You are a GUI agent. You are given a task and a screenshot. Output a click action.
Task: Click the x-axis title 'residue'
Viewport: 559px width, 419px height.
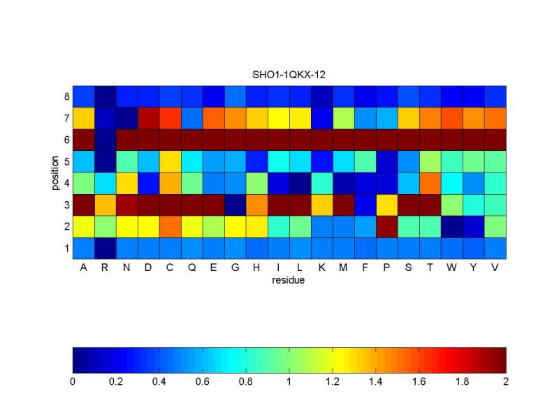(289, 281)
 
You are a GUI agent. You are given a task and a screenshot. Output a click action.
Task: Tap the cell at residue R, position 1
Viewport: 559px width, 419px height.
(105, 248)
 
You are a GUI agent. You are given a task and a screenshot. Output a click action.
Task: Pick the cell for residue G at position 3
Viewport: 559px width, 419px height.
(235, 205)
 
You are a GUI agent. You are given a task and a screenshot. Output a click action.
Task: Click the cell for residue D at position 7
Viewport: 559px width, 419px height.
(148, 118)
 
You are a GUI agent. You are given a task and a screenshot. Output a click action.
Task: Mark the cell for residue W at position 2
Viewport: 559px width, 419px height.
(452, 226)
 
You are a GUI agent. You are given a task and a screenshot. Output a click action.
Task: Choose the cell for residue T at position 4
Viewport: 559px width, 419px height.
(430, 183)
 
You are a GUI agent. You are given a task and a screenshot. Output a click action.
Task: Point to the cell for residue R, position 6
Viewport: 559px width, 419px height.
(105, 140)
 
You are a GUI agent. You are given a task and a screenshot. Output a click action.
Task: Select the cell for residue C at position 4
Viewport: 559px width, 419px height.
(170, 183)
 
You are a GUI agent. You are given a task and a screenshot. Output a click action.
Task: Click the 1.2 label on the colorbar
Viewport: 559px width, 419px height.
(333, 382)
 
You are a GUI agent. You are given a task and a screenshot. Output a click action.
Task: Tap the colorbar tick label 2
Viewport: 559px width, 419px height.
(506, 382)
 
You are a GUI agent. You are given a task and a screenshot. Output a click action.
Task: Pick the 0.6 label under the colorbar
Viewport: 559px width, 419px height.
(203, 382)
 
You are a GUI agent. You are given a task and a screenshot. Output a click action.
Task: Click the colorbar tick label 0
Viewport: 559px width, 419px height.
(73, 382)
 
